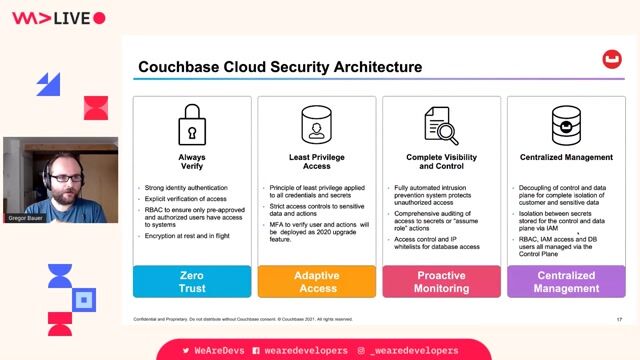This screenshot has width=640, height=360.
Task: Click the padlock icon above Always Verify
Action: tap(191, 126)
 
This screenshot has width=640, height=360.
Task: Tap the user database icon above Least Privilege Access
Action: tap(316, 126)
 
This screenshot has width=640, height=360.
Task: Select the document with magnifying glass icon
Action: tap(440, 126)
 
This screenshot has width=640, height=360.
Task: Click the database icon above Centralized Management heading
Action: tap(566, 126)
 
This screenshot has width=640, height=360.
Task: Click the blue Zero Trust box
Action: tap(191, 281)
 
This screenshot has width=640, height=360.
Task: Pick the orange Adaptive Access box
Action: tap(316, 281)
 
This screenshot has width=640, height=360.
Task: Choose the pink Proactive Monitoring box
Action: tap(441, 281)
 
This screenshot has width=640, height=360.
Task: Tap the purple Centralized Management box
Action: tap(566, 281)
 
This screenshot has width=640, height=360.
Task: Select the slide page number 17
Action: tap(619, 319)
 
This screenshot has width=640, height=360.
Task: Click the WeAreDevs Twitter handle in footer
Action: tap(219, 351)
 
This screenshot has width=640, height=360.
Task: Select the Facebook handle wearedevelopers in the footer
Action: tap(305, 351)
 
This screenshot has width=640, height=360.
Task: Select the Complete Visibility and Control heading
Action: tap(441, 162)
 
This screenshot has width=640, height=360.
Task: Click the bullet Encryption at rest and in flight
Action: tap(186, 236)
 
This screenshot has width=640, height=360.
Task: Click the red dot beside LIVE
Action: tap(99, 18)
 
